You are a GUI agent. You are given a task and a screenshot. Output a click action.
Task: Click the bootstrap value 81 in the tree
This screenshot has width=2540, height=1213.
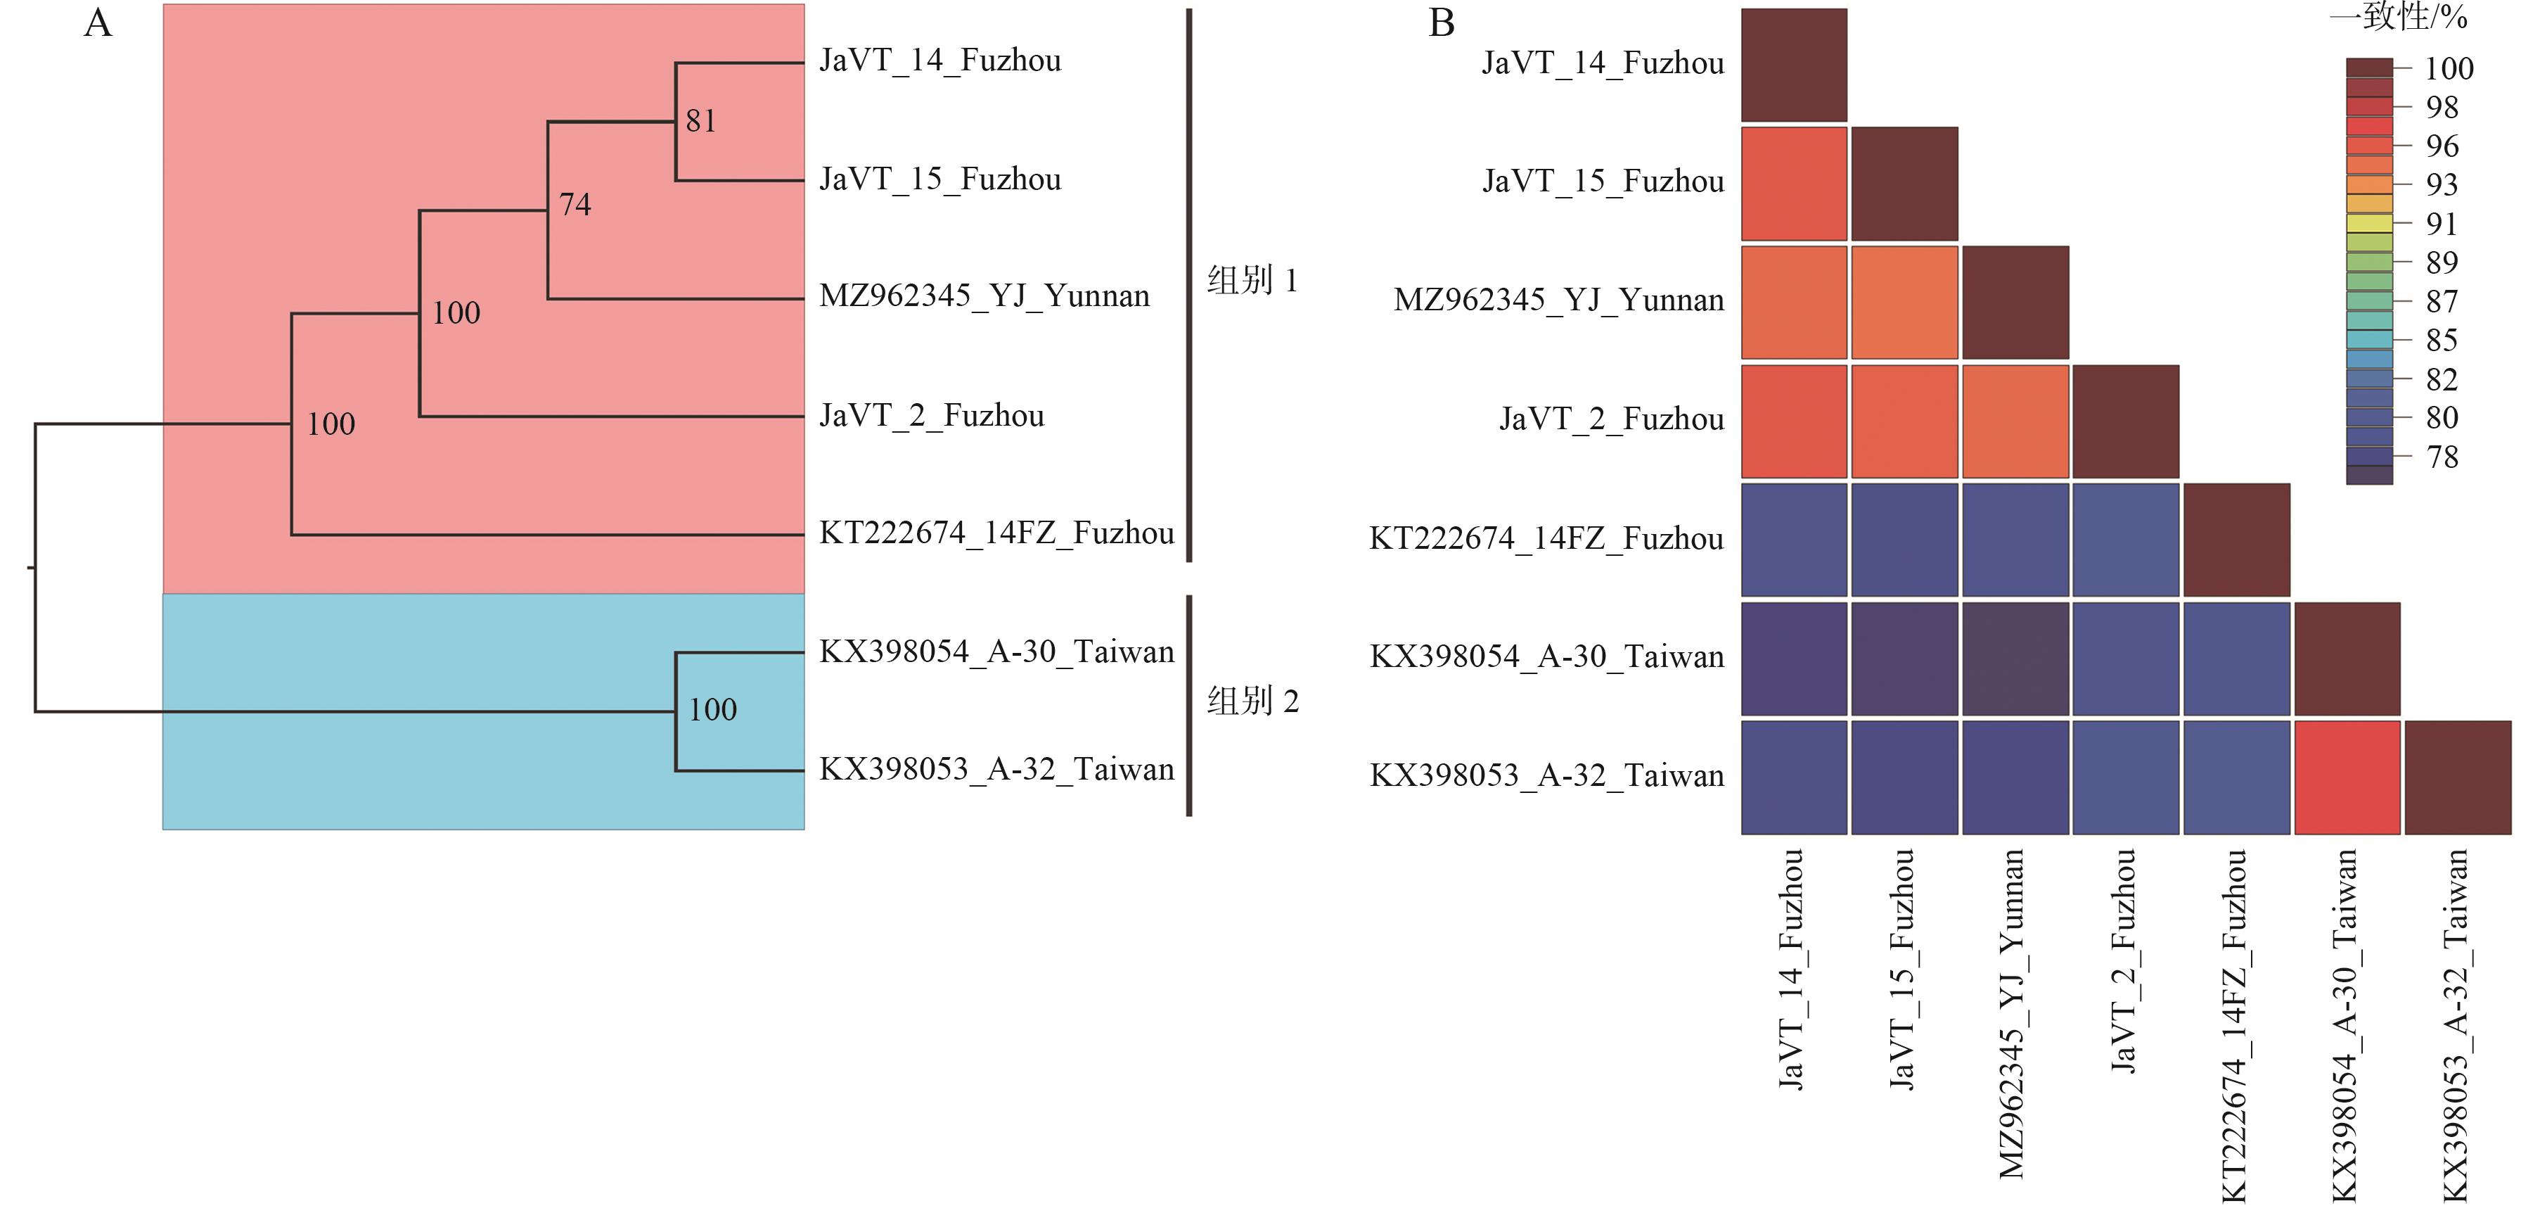click(701, 121)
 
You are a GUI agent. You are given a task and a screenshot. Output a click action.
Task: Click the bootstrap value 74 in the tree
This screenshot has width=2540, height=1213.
click(575, 205)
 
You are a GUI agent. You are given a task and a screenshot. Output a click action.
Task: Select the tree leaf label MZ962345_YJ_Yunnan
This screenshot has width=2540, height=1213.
click(984, 296)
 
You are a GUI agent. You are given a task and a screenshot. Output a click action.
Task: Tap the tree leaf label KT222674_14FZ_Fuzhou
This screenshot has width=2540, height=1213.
click(996, 533)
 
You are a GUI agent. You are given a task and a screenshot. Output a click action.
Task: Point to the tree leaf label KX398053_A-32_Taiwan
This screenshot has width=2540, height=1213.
click(996, 769)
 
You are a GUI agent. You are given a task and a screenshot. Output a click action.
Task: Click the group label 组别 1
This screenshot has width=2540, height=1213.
click(1252, 281)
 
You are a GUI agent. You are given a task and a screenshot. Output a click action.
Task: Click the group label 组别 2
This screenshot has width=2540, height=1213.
click(1252, 701)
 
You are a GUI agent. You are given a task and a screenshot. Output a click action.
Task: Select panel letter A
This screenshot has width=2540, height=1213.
click(98, 23)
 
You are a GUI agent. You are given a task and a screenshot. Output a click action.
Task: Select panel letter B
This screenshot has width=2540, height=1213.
click(1442, 23)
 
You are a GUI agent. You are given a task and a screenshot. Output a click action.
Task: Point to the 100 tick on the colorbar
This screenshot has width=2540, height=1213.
click(2449, 68)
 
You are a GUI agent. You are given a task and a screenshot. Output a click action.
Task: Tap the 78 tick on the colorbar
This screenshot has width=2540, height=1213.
click(2442, 457)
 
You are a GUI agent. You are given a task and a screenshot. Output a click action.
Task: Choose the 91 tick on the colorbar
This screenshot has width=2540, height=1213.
click(2442, 224)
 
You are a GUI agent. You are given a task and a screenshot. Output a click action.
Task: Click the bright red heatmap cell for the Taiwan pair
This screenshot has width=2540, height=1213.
click(2347, 777)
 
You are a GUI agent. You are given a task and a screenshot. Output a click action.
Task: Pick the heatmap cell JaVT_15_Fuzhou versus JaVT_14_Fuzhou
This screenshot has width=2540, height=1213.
click(1794, 184)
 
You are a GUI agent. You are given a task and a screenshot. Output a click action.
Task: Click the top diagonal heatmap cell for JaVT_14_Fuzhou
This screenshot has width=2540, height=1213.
click(1794, 65)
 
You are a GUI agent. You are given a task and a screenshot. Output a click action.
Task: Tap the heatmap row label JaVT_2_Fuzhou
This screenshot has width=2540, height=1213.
click(1611, 419)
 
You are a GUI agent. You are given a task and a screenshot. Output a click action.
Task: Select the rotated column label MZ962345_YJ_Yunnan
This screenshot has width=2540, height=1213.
click(2011, 1014)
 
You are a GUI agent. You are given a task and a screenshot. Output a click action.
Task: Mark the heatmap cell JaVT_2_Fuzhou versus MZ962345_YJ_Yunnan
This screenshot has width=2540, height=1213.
click(2015, 421)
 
